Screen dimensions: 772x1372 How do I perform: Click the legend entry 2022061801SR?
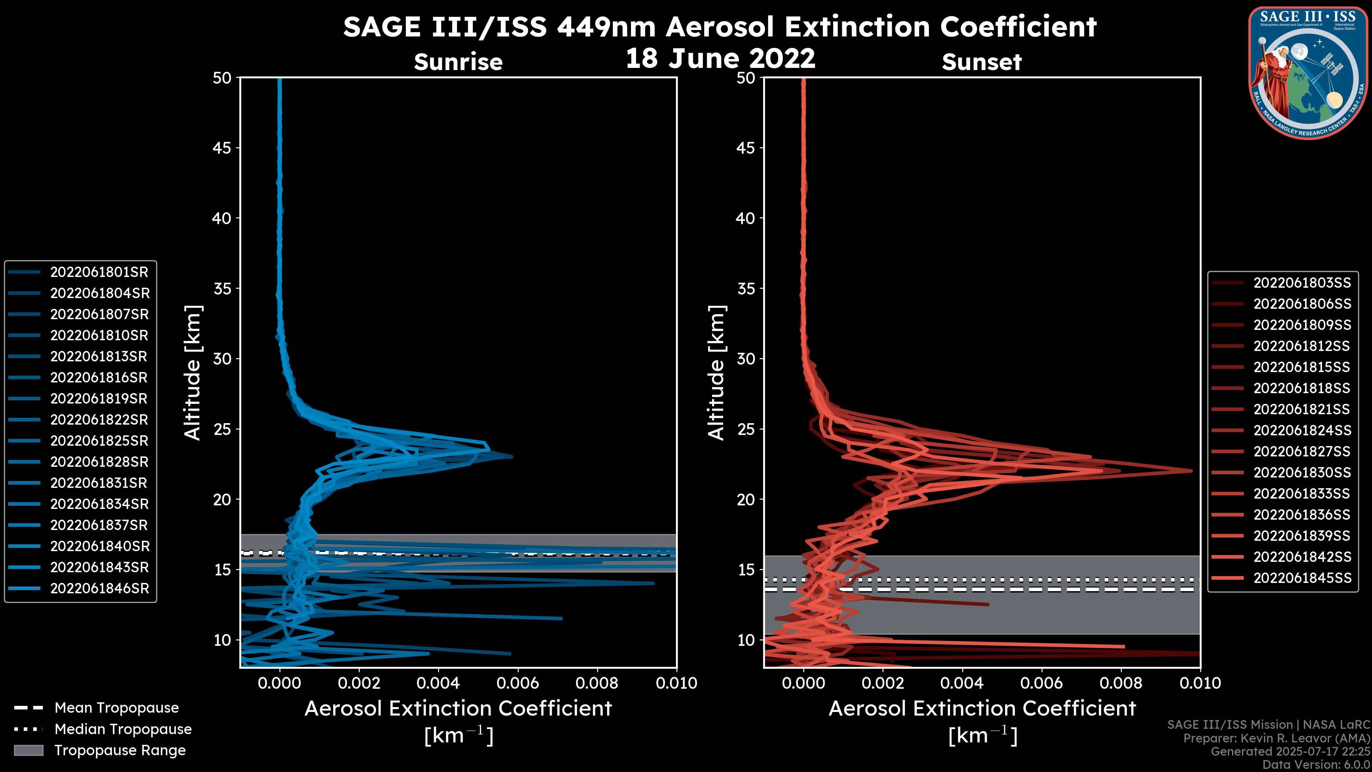tap(99, 272)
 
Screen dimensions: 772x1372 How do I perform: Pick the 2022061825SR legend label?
tap(99, 441)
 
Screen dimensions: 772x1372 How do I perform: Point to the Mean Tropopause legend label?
tap(116, 708)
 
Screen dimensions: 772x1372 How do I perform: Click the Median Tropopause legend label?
tap(123, 729)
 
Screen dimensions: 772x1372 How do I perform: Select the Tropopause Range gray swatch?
tap(28, 751)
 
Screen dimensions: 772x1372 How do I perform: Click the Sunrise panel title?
tap(458, 62)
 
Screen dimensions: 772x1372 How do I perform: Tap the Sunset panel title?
tap(981, 62)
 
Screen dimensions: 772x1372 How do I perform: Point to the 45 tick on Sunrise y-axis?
tap(223, 148)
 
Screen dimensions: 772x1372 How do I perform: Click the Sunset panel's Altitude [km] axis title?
tap(716, 373)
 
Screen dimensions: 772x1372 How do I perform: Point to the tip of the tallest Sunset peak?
tap(1192, 470)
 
